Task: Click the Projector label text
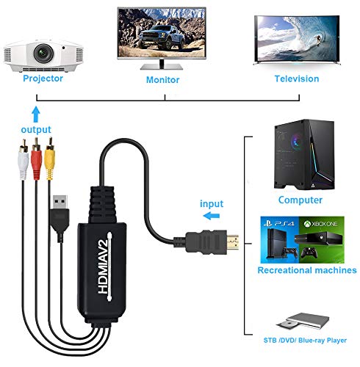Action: tap(43, 79)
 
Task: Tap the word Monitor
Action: tap(162, 80)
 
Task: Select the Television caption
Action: tap(297, 79)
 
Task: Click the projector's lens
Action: tap(43, 53)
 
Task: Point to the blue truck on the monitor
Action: tap(161, 37)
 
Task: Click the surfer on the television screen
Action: tap(318, 40)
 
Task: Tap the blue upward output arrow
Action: tap(36, 114)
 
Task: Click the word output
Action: tap(36, 130)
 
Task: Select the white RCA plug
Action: tap(24, 159)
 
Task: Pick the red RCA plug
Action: tap(36, 159)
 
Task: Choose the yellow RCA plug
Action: tap(50, 159)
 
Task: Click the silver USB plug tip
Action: tap(60, 202)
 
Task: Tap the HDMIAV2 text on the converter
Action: tap(104, 266)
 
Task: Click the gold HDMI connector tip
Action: tap(233, 244)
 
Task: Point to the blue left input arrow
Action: tap(212, 216)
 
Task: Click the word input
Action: tap(212, 204)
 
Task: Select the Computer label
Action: tap(300, 200)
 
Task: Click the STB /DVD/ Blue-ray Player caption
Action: tap(305, 341)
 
